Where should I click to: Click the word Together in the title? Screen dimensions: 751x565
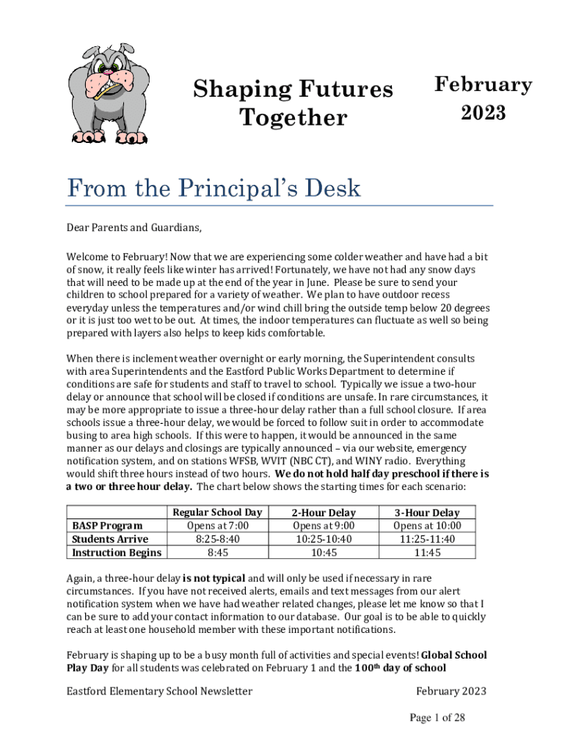(x=293, y=117)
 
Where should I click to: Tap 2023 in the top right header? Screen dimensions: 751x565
(x=483, y=113)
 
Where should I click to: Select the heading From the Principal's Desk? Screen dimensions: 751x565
(x=214, y=189)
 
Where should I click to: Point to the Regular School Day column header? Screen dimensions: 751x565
(x=216, y=513)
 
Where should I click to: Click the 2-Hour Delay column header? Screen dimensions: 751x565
(x=324, y=513)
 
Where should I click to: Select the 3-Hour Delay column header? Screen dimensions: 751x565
(x=427, y=513)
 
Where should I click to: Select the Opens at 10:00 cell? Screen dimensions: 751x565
(x=427, y=526)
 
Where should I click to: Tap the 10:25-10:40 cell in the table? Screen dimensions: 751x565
(x=324, y=539)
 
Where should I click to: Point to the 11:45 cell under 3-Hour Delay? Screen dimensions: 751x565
(x=427, y=552)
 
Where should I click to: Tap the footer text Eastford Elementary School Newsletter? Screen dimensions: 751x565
(x=159, y=691)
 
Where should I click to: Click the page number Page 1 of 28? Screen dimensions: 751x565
(x=437, y=718)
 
